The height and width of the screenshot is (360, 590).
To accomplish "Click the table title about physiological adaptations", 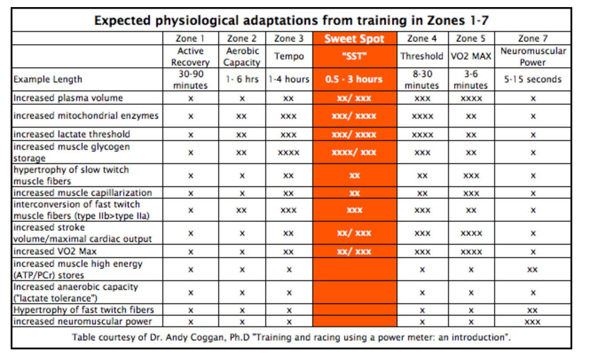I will click(291, 21).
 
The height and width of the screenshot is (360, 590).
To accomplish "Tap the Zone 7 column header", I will click(533, 39).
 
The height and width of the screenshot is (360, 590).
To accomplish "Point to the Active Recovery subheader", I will click(190, 56).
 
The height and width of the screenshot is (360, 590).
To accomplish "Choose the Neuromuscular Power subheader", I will click(533, 56).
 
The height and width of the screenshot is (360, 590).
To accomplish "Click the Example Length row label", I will click(47, 79).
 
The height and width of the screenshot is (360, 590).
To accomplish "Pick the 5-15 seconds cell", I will click(533, 79).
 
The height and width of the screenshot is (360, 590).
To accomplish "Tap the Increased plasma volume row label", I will click(68, 98).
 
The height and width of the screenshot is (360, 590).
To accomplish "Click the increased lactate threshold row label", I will click(71, 134).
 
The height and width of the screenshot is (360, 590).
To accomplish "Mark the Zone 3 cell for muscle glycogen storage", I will click(288, 153).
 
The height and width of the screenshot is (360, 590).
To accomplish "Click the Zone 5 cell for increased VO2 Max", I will click(471, 252).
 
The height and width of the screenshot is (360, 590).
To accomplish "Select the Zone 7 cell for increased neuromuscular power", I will click(533, 322).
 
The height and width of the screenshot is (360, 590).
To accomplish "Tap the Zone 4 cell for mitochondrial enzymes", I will click(422, 116).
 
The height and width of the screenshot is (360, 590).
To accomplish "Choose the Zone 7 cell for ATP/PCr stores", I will click(533, 270).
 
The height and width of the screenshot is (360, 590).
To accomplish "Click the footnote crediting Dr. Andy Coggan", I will click(291, 337).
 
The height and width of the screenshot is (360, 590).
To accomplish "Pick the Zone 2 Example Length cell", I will click(242, 79).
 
